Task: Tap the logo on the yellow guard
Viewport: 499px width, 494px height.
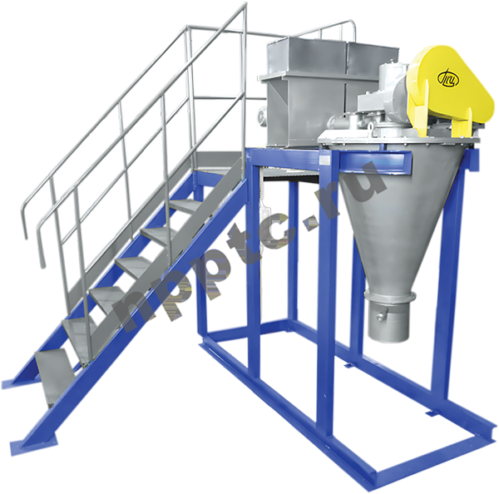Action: [448, 79]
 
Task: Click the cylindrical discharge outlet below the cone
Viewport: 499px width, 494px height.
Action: [389, 322]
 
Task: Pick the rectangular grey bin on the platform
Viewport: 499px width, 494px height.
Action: [321, 92]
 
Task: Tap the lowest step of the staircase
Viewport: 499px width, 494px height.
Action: [54, 376]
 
